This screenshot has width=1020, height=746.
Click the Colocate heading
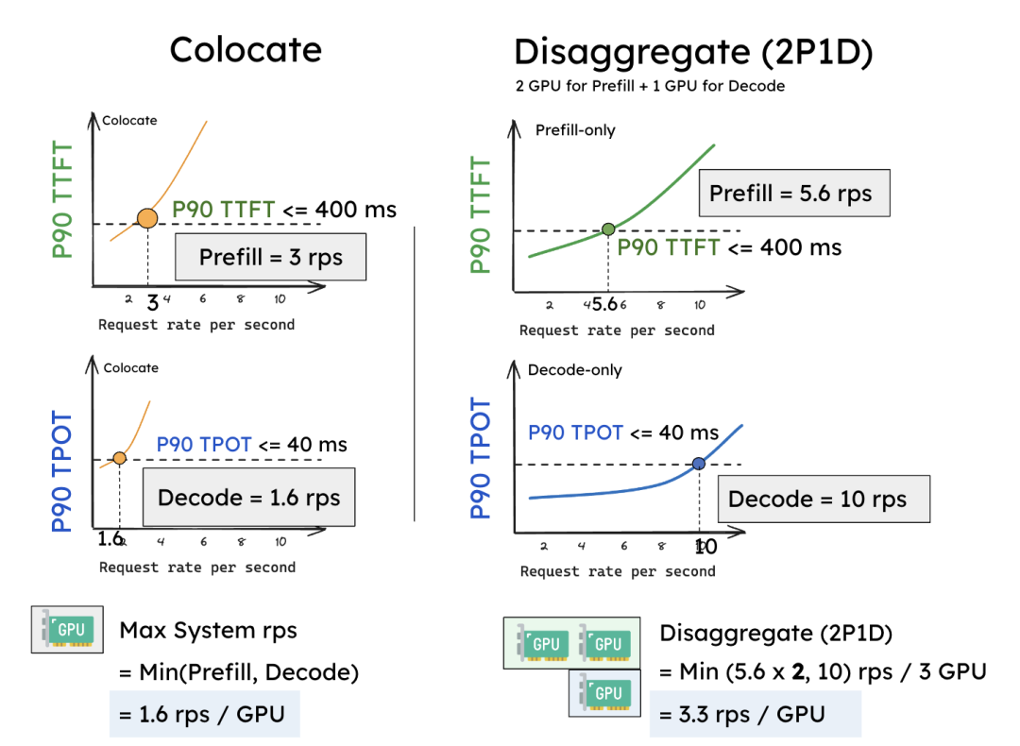246,50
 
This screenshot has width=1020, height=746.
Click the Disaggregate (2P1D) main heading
692,52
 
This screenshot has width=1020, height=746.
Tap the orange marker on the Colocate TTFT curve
147,218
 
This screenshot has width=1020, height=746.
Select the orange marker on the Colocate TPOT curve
120,458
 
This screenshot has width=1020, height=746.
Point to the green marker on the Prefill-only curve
608,229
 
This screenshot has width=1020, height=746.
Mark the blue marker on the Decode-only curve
699,463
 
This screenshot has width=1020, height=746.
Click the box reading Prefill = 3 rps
270,257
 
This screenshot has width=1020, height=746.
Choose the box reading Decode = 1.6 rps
248,498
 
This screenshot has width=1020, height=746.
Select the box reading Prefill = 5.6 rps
791,195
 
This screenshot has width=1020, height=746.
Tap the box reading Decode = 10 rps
817,500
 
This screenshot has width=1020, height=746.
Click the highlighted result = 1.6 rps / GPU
203,714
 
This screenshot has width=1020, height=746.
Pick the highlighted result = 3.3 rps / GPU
752,714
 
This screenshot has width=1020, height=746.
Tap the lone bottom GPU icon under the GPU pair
603,692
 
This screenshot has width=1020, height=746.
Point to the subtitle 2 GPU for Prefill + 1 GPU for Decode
650,86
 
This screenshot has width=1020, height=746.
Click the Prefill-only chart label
575,130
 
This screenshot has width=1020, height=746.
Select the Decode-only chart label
575,370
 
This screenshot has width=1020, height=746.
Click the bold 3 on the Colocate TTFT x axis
152,302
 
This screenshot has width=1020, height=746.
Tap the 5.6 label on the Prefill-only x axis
604,305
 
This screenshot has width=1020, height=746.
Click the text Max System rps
208,630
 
